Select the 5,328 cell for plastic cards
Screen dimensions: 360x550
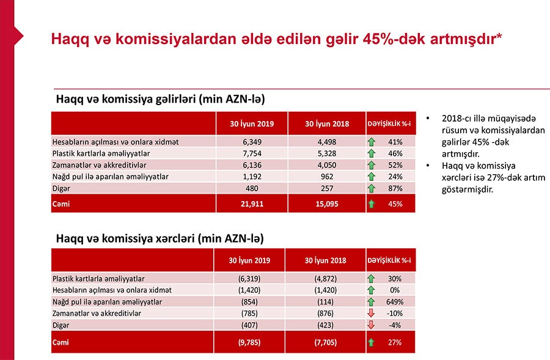327,153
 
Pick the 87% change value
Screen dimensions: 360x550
395,188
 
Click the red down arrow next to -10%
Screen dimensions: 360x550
371,314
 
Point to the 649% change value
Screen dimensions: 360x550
395,302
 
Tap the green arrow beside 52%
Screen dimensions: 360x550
371,165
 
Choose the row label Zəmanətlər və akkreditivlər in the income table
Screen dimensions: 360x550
100,165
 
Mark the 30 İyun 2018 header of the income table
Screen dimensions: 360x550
327,124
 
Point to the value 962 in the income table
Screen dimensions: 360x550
327,177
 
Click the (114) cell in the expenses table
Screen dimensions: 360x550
325,302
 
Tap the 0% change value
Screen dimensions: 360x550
395,290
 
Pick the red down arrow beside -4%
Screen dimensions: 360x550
371,325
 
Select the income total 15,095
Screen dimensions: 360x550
327,204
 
